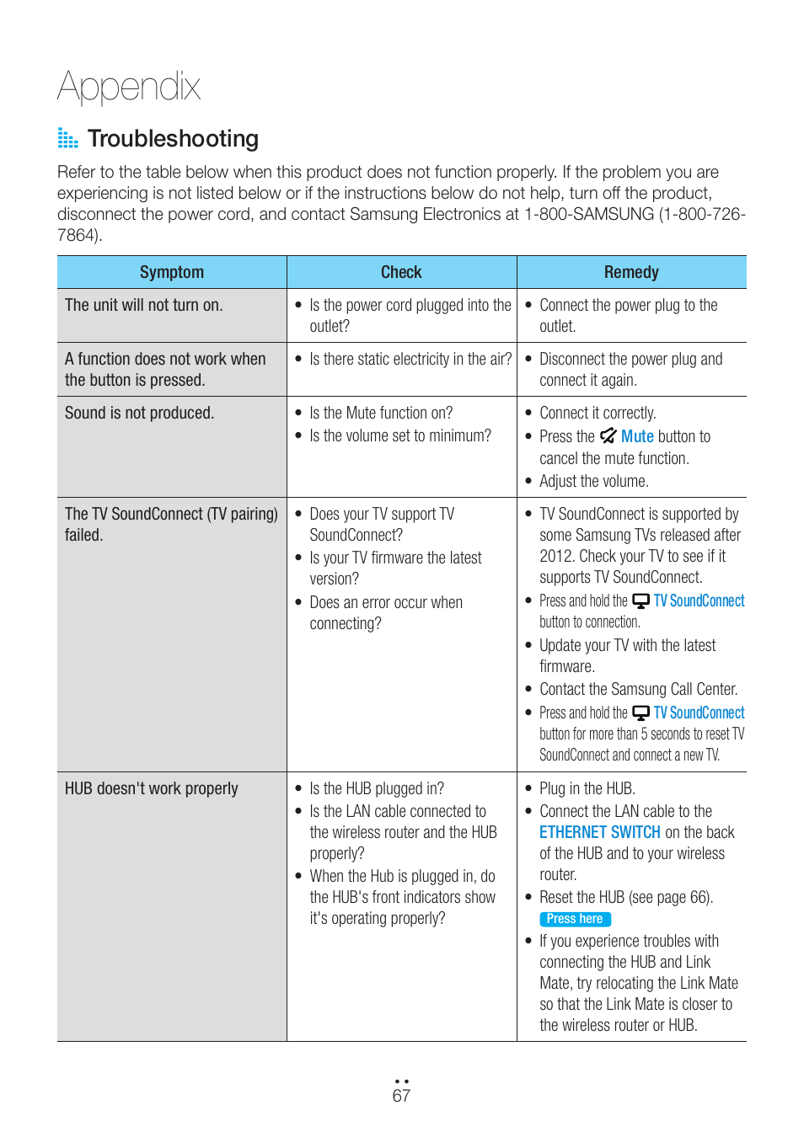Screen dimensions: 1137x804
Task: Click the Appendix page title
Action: click(129, 87)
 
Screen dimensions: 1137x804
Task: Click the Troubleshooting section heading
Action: click(173, 139)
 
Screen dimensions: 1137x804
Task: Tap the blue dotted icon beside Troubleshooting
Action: click(67, 138)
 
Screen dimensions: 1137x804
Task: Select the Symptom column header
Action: click(172, 272)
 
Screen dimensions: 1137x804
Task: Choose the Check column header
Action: click(401, 272)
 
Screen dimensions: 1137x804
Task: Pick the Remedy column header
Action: click(631, 272)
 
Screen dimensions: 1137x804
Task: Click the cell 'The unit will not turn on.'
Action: click(144, 306)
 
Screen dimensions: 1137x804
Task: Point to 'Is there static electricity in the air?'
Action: click(410, 360)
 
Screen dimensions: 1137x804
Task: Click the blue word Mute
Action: click(637, 436)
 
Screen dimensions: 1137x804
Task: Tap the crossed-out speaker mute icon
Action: click(608, 436)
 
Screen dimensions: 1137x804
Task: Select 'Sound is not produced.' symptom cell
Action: click(140, 414)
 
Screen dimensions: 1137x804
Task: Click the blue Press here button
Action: click(575, 919)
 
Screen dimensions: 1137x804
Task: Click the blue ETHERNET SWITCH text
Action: click(600, 832)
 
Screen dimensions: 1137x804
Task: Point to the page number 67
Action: click(401, 1096)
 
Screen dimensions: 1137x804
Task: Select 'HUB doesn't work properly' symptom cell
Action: click(152, 789)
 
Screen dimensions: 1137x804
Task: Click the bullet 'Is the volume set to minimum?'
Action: click(399, 436)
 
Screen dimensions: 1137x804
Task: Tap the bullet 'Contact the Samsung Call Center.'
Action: click(638, 690)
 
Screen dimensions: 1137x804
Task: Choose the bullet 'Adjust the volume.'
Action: click(593, 482)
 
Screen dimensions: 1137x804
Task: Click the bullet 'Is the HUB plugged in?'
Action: click(376, 789)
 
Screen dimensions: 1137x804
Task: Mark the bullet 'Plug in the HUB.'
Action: click(587, 789)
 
